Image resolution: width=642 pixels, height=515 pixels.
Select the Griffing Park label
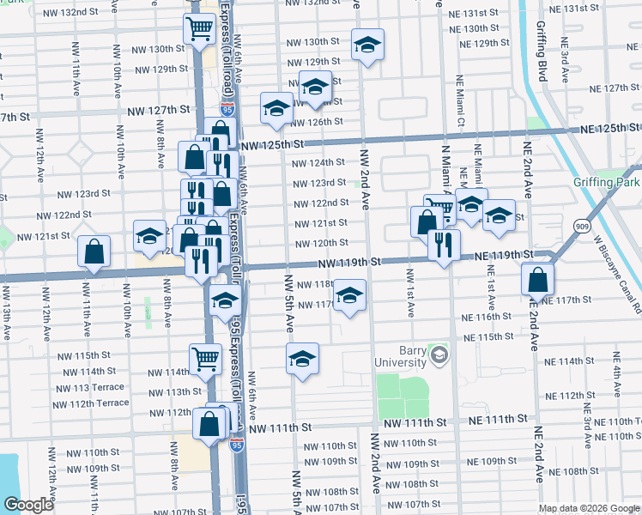pyautogui.click(x=607, y=182)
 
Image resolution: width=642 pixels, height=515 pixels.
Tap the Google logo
pyautogui.click(x=28, y=505)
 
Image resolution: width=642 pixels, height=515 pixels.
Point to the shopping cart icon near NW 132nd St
pyautogui.click(x=199, y=28)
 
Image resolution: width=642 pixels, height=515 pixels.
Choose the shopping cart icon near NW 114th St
pyautogui.click(x=205, y=358)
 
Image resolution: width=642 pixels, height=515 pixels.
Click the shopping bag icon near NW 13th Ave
pyautogui.click(x=94, y=251)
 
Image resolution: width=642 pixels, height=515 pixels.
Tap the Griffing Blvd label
pyautogui.click(x=542, y=61)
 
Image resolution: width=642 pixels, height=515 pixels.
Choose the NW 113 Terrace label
pyautogui.click(x=89, y=387)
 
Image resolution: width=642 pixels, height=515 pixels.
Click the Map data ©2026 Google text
pyautogui.click(x=590, y=508)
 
